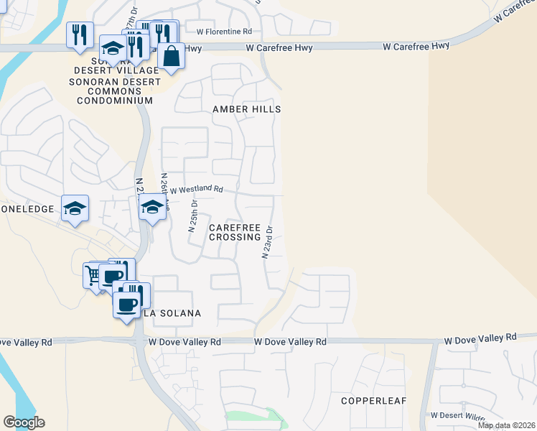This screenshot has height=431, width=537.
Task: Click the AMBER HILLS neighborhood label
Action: [246, 109]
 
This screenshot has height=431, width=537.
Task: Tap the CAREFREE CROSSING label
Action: [234, 232]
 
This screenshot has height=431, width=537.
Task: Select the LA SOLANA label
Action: [172, 313]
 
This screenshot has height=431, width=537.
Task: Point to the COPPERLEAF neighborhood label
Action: [373, 400]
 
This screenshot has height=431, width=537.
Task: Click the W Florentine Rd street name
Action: [224, 32]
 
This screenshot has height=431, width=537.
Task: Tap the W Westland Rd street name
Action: [196, 189]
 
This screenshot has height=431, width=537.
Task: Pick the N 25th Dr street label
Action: [192, 216]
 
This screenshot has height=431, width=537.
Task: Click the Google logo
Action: [24, 422]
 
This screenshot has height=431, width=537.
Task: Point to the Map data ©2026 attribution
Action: [505, 425]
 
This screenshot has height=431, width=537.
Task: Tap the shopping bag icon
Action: [172, 55]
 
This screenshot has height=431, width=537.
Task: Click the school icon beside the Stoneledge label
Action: [75, 208]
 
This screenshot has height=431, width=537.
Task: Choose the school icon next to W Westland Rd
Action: [151, 207]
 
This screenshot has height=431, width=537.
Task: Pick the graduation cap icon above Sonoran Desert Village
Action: [113, 48]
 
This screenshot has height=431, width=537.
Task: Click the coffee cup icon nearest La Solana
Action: [127, 303]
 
